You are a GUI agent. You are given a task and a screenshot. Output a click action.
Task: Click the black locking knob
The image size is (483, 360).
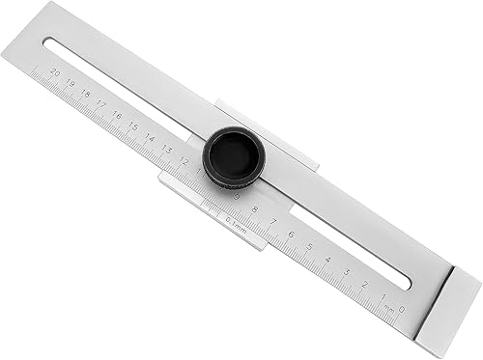coord(232,156)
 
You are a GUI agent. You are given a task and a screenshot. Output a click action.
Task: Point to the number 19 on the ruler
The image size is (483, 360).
coord(71,83)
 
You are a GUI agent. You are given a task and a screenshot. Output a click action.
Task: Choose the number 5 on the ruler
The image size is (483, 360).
coord(310,245)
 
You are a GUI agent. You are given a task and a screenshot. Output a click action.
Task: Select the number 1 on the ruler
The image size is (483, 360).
coord(384,294)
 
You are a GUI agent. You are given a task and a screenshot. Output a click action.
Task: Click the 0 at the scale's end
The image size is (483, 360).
coord(401,309)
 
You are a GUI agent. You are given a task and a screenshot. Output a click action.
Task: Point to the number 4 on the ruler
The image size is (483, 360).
coord(328,258)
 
